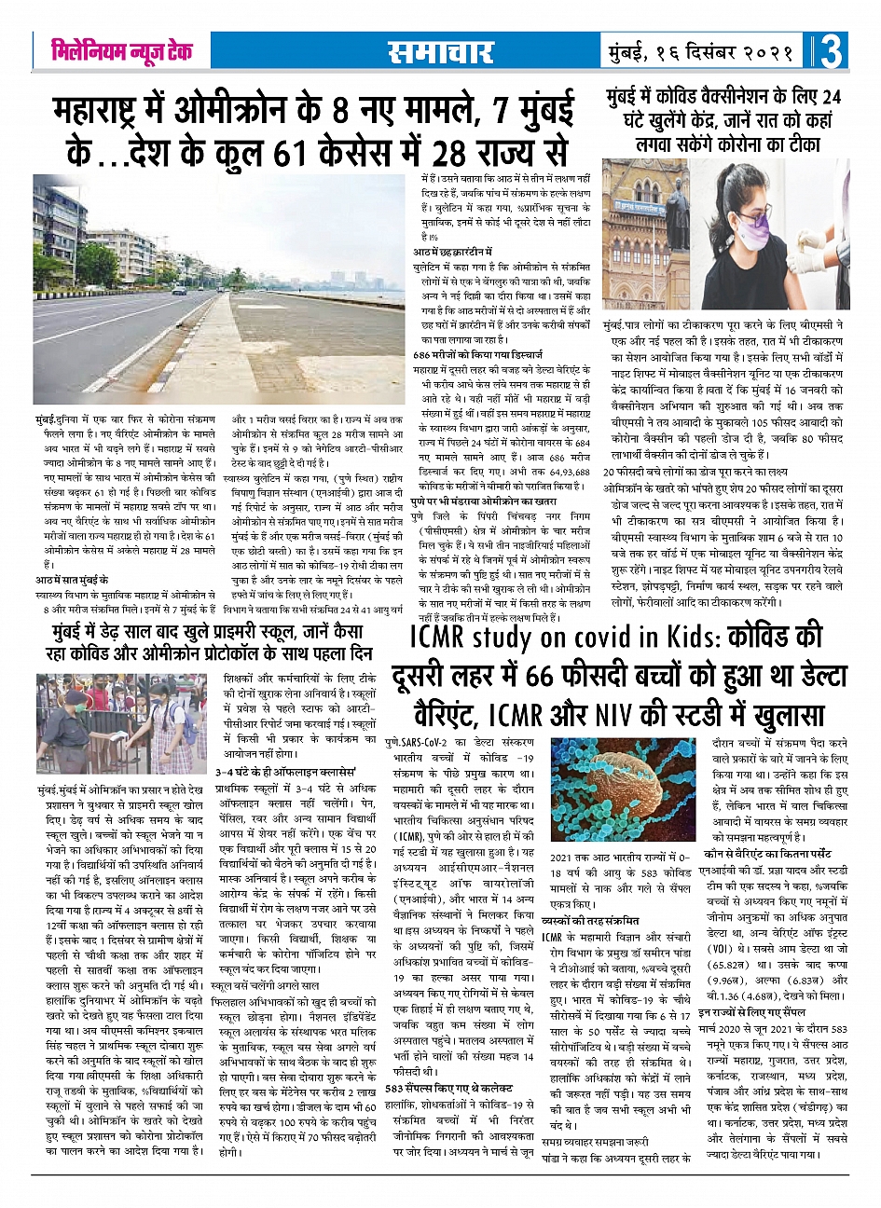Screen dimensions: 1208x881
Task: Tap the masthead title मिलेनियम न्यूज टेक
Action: pyautogui.click(x=122, y=51)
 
